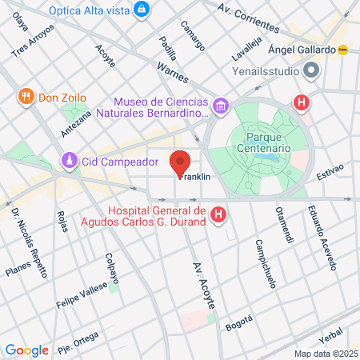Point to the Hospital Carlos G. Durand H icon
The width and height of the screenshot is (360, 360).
point(218,215)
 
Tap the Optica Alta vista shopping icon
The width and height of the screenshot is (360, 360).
point(142,10)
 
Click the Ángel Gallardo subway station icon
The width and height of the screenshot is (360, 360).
point(344,49)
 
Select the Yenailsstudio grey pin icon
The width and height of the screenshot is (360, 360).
point(311,70)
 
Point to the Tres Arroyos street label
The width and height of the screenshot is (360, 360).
point(34,40)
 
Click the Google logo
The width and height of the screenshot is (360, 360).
point(26,350)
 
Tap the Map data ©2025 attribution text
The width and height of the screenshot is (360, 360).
point(325,354)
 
